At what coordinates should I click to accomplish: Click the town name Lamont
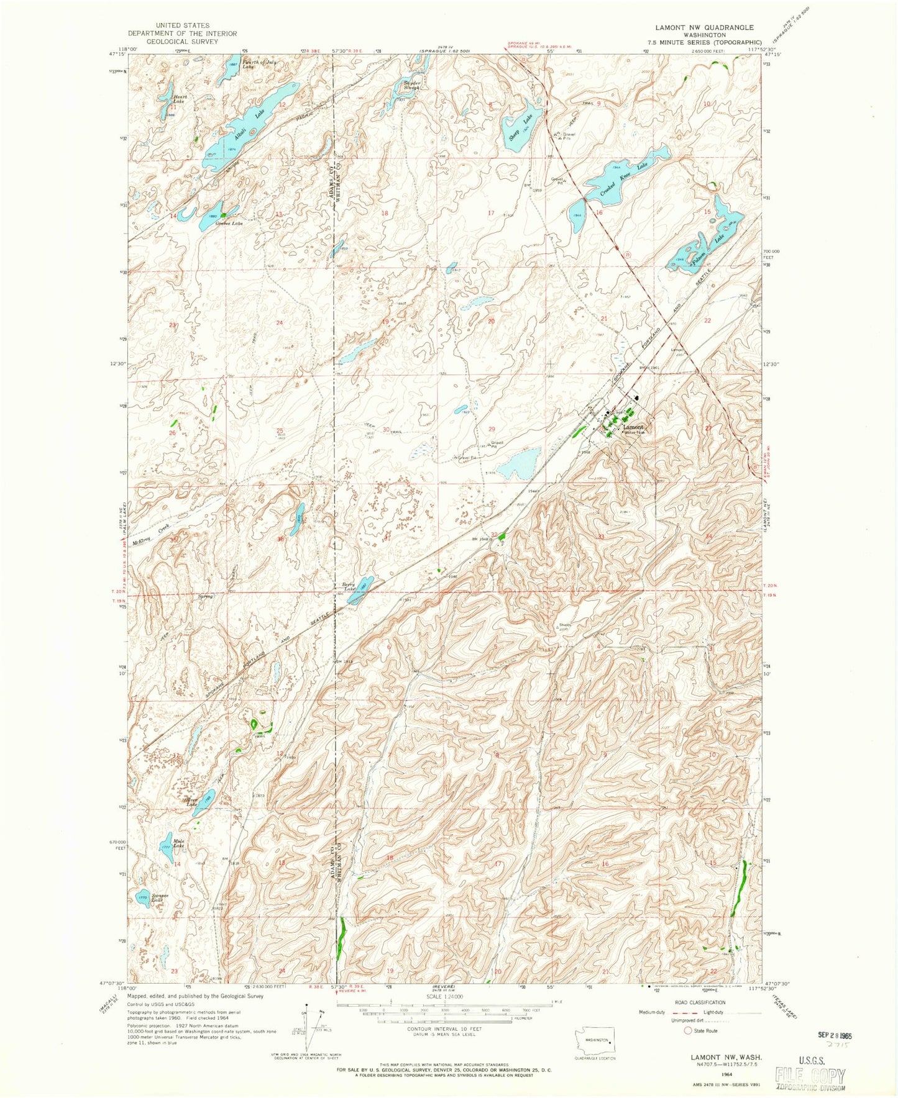633,427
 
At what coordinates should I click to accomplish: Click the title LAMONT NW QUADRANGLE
704,27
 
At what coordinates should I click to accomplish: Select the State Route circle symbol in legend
687,1030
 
